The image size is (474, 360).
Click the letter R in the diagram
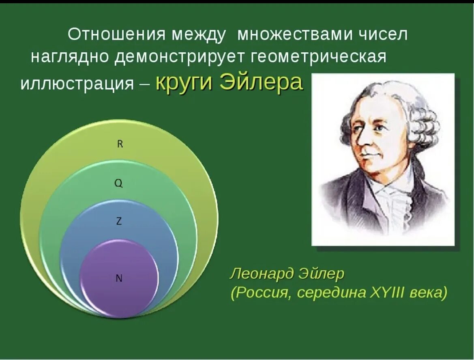click(x=120, y=144)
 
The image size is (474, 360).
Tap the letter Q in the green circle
click(x=118, y=183)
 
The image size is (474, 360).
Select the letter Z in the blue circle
click(x=119, y=222)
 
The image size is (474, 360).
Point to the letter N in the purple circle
click(x=119, y=278)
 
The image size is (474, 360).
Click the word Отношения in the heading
click(x=116, y=34)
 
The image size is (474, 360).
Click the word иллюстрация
click(x=77, y=83)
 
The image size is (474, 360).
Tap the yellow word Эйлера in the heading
click(x=261, y=82)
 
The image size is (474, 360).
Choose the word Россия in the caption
click(x=264, y=293)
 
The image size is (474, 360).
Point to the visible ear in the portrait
click(x=410, y=134)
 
